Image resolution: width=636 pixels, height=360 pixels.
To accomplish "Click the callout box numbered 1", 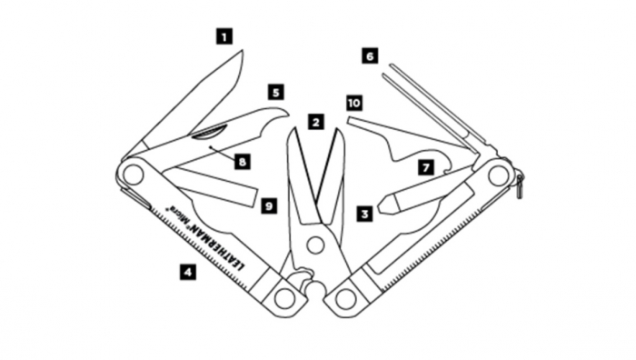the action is click(x=224, y=35).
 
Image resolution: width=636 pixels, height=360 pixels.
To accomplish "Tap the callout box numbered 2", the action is click(x=316, y=122).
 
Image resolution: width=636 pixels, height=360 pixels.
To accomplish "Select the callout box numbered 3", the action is click(x=364, y=214).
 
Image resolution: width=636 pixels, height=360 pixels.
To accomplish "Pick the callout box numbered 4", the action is click(x=188, y=272).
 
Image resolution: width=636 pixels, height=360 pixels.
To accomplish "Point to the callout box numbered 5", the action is click(x=276, y=92).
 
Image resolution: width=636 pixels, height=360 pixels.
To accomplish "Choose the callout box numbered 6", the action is click(x=370, y=55).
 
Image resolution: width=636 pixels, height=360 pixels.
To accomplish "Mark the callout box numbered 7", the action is click(x=426, y=167).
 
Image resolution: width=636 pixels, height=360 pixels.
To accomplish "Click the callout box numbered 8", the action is click(x=243, y=162).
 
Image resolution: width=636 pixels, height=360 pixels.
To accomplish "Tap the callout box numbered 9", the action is click(x=269, y=205).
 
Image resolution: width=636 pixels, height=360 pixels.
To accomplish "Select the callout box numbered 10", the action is click(x=354, y=103).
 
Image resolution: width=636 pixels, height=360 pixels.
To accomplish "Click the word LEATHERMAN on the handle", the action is click(x=217, y=245).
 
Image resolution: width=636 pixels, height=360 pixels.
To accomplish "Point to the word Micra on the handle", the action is click(x=178, y=215).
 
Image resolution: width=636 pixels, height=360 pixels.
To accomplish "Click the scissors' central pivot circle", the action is click(x=315, y=245).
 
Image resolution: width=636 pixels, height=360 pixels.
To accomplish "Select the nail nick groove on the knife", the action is click(x=210, y=133).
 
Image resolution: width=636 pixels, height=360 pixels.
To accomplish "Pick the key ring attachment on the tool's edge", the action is click(x=520, y=185).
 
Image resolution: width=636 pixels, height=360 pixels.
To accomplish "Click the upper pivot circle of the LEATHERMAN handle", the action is click(x=134, y=175).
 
